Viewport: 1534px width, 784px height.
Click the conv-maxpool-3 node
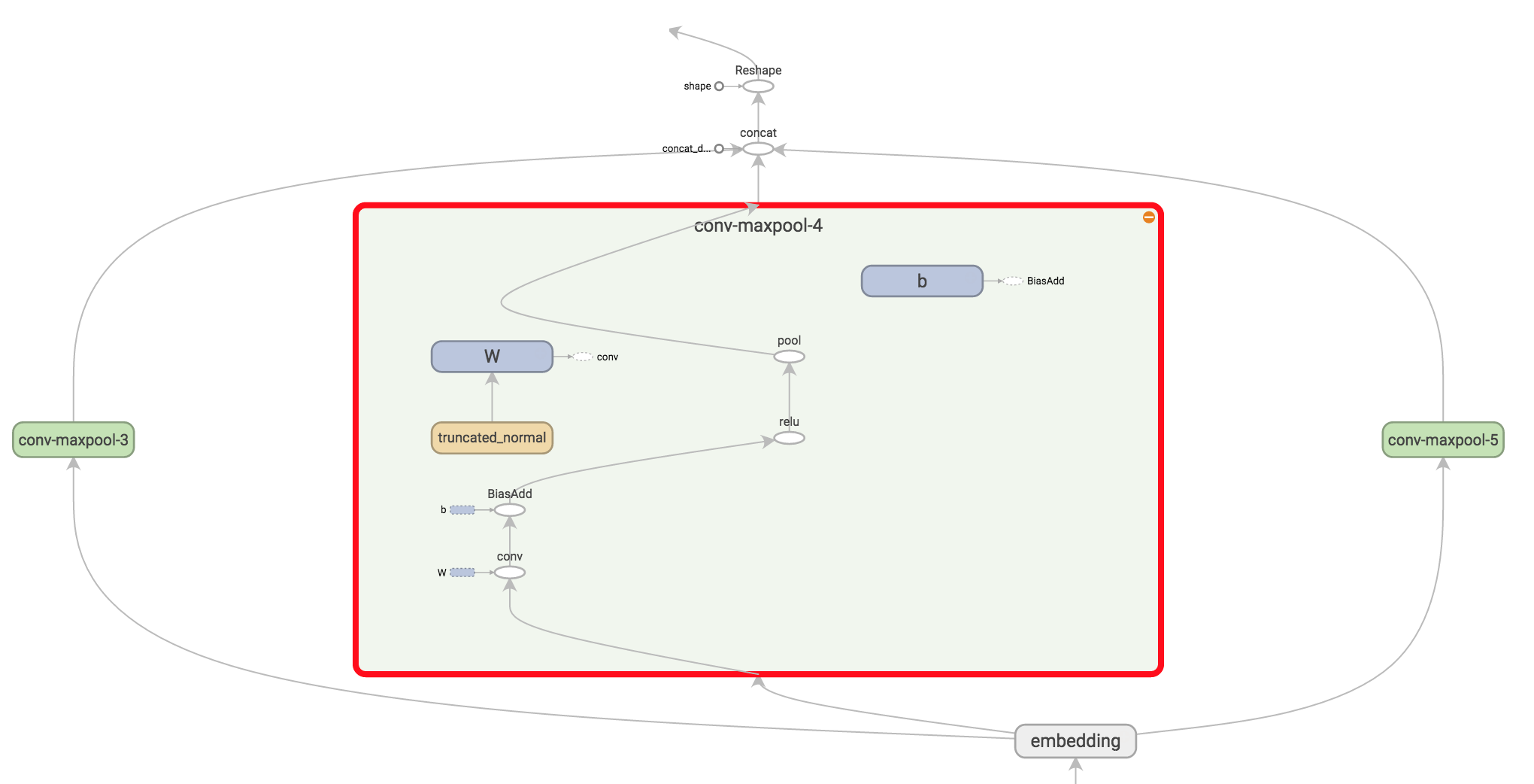point(73,440)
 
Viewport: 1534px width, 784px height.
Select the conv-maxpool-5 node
point(1442,440)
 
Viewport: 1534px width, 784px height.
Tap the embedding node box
point(1075,741)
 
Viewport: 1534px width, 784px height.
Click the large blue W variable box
point(492,357)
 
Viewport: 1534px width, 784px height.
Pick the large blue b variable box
point(922,281)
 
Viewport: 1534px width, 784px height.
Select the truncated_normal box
point(492,438)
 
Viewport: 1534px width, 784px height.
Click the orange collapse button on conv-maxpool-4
point(1148,217)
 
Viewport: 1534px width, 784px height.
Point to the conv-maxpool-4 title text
point(758,226)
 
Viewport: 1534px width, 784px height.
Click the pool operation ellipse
point(789,357)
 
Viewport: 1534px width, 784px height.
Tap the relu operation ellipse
point(789,438)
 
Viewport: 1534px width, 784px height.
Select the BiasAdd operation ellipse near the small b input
point(510,510)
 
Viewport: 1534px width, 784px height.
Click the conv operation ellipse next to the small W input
point(510,573)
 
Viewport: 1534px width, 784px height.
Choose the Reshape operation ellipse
point(758,87)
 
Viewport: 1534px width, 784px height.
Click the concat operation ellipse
point(758,149)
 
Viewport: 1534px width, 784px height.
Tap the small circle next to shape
point(719,87)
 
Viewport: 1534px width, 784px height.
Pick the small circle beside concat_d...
point(719,149)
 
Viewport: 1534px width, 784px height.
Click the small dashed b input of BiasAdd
point(462,510)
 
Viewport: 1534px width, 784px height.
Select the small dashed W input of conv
point(462,573)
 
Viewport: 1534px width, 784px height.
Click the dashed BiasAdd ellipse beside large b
point(1013,281)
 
